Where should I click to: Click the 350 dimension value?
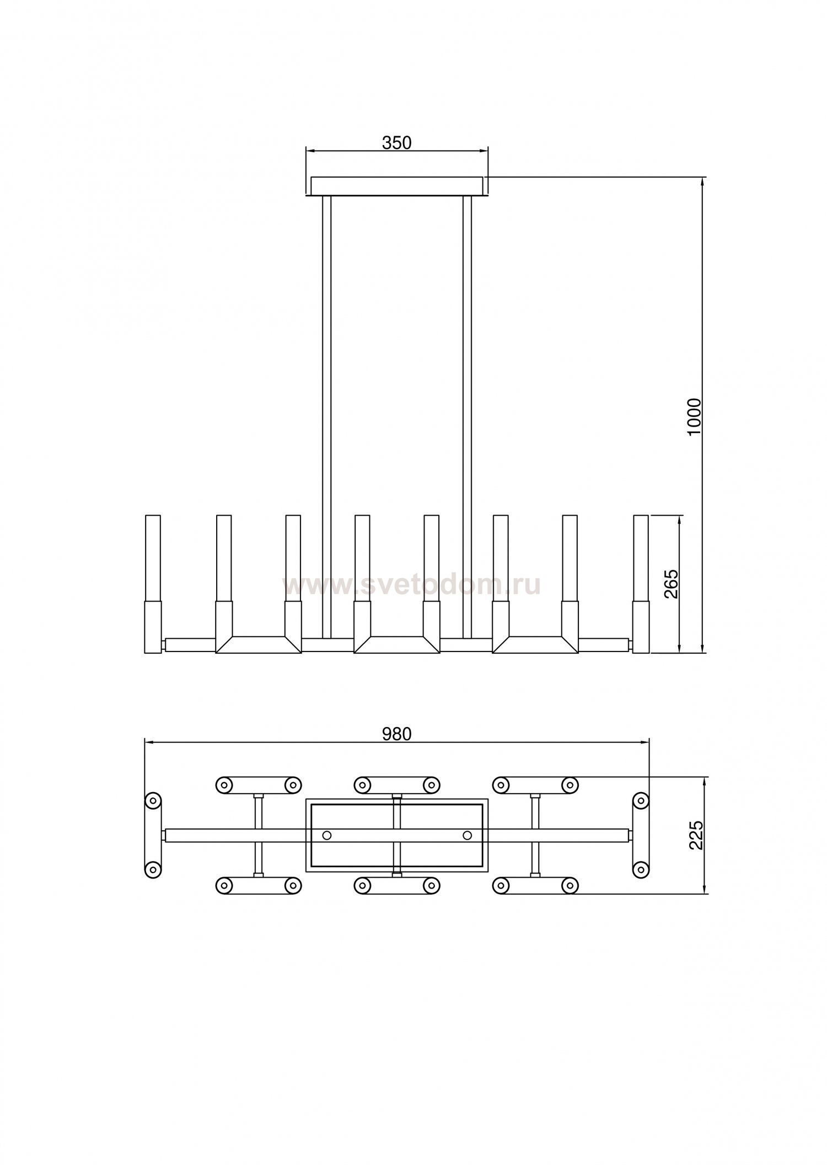pos(397,143)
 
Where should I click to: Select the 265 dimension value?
pos(671,584)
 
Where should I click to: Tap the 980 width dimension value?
pos(397,734)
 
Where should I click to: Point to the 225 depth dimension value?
pos(697,836)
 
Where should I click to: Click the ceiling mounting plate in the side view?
pos(397,186)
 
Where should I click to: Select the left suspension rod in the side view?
pos(326,418)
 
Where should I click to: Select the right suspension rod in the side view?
pos(468,418)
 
